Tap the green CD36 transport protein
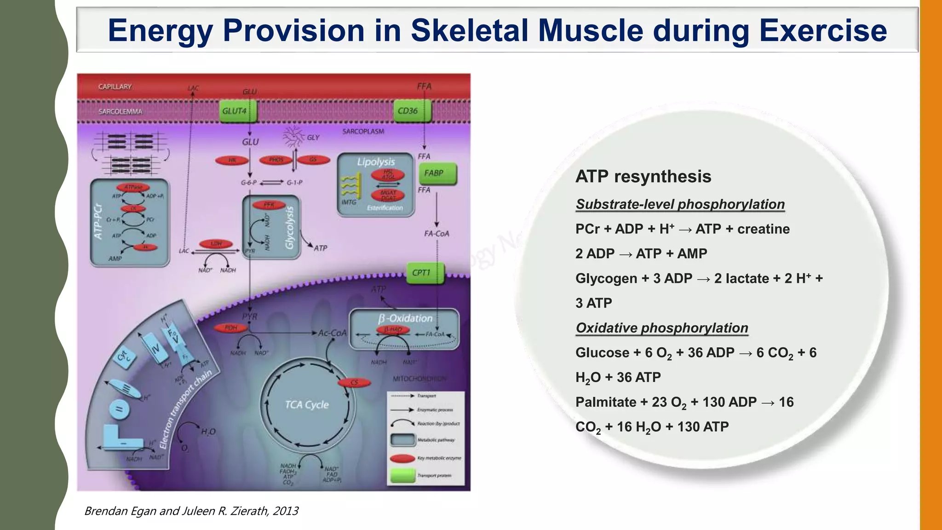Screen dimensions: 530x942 tap(412, 111)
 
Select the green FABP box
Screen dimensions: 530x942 tap(437, 173)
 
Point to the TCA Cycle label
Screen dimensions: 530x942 tap(307, 405)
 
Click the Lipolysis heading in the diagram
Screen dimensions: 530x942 tap(376, 162)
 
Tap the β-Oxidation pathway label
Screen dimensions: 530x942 tap(405, 318)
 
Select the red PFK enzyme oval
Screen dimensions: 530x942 tap(269, 205)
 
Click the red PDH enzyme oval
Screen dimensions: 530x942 tap(231, 328)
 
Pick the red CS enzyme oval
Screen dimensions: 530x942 tap(354, 383)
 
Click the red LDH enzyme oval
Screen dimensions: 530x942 tap(216, 244)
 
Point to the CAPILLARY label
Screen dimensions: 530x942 tap(115, 87)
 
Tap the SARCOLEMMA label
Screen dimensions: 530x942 tap(120, 112)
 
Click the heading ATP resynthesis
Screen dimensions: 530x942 tap(643, 177)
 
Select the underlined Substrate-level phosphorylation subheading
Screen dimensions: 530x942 tap(680, 204)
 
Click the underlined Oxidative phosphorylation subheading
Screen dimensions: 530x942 tap(661, 328)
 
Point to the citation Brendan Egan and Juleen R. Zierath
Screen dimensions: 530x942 tap(191, 511)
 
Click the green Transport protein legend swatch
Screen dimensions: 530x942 tap(402, 476)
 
